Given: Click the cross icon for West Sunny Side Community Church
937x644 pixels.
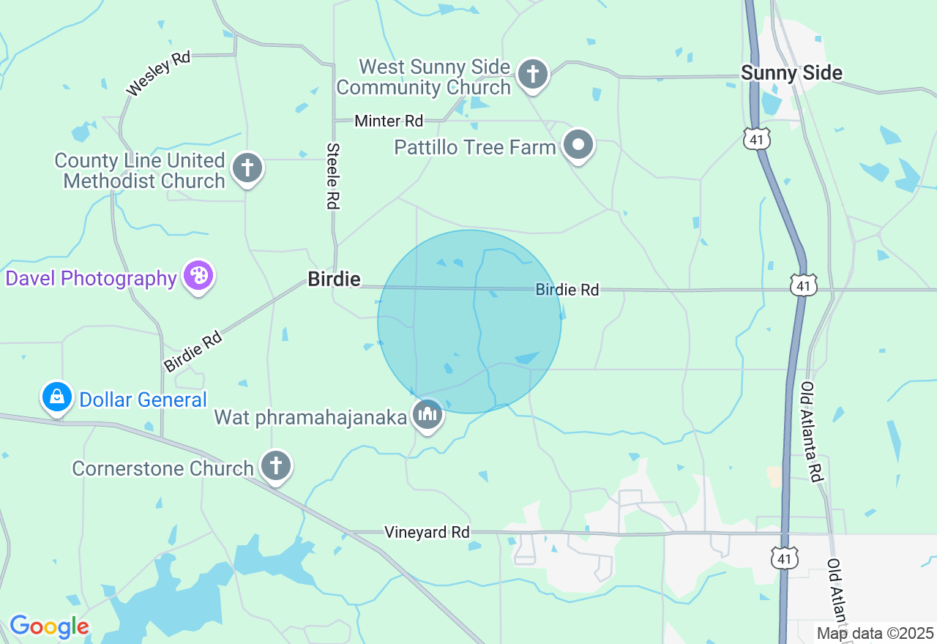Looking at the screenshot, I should coord(533,74).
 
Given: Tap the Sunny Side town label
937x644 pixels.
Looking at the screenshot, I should coord(791,73).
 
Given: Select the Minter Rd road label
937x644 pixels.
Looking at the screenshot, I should coord(389,121).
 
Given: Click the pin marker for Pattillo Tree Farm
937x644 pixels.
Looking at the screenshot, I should coord(578,144).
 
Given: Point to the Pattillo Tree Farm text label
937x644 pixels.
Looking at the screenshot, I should coord(474,147).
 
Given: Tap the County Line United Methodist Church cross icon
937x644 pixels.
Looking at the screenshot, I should coord(247,168).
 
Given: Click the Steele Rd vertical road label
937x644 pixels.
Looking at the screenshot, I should coord(333,176).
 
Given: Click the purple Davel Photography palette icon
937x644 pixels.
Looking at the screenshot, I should coord(198,276).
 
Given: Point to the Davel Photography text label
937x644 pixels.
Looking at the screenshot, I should coord(92,279).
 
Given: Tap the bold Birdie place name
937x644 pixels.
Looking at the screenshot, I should coord(334,279).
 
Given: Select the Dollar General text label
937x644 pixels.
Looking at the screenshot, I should coord(143,400).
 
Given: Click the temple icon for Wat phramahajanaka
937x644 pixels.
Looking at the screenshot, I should coord(427,415).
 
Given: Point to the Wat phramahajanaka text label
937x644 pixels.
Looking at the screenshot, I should coord(310,418).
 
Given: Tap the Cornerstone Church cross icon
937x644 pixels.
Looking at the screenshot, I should coord(276,465).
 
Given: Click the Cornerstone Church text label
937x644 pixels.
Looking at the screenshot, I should coord(163,468).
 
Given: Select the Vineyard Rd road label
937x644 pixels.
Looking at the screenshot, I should coord(427,533).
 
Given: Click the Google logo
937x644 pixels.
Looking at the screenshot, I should coord(49,627).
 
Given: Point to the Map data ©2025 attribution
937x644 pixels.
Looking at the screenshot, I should coord(876,634).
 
